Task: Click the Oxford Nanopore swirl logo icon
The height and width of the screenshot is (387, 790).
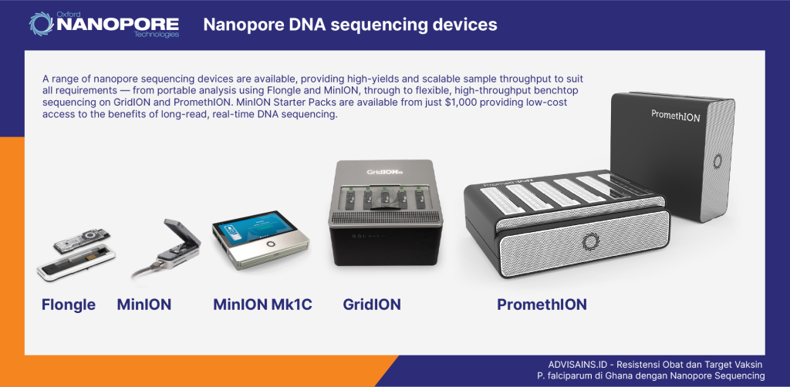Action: [x=40, y=23]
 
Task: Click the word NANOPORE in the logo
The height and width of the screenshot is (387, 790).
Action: [x=117, y=24]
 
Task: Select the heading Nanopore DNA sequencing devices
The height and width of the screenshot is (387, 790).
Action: [x=350, y=25]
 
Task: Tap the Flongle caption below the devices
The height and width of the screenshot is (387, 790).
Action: [x=69, y=305]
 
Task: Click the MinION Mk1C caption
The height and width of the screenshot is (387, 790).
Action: [x=262, y=305]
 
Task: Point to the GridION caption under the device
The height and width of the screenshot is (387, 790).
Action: [x=372, y=305]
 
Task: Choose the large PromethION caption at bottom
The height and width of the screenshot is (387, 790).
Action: [x=542, y=305]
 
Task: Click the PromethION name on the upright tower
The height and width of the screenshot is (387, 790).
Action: [x=675, y=115]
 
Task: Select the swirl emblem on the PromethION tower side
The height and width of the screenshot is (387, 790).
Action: [x=717, y=161]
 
